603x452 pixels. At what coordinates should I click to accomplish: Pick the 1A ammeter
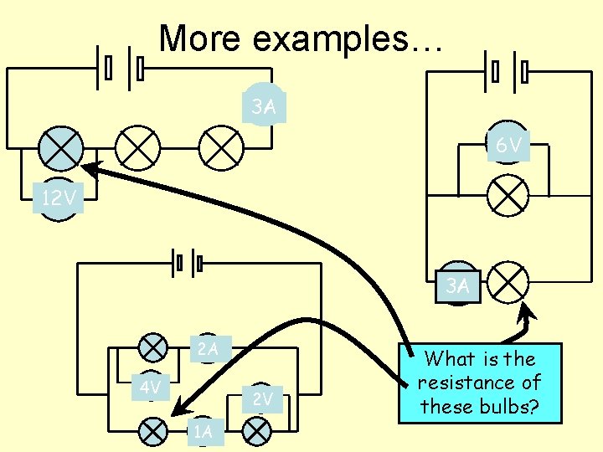click(x=203, y=432)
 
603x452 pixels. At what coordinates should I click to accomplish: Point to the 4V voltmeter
click(x=151, y=388)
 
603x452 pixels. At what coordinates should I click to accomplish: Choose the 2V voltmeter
click(x=263, y=399)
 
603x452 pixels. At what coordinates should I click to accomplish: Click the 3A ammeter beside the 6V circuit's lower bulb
click(x=457, y=286)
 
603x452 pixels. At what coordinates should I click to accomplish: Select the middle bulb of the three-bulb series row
click(x=137, y=149)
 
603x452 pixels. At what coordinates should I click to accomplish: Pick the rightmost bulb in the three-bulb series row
click(x=220, y=149)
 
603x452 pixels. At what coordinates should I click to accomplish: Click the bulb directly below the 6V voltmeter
click(x=508, y=195)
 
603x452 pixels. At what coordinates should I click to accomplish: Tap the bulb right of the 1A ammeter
click(x=256, y=431)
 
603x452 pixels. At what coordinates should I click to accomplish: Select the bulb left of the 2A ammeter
click(x=152, y=346)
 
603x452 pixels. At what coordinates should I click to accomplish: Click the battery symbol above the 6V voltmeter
click(x=508, y=72)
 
